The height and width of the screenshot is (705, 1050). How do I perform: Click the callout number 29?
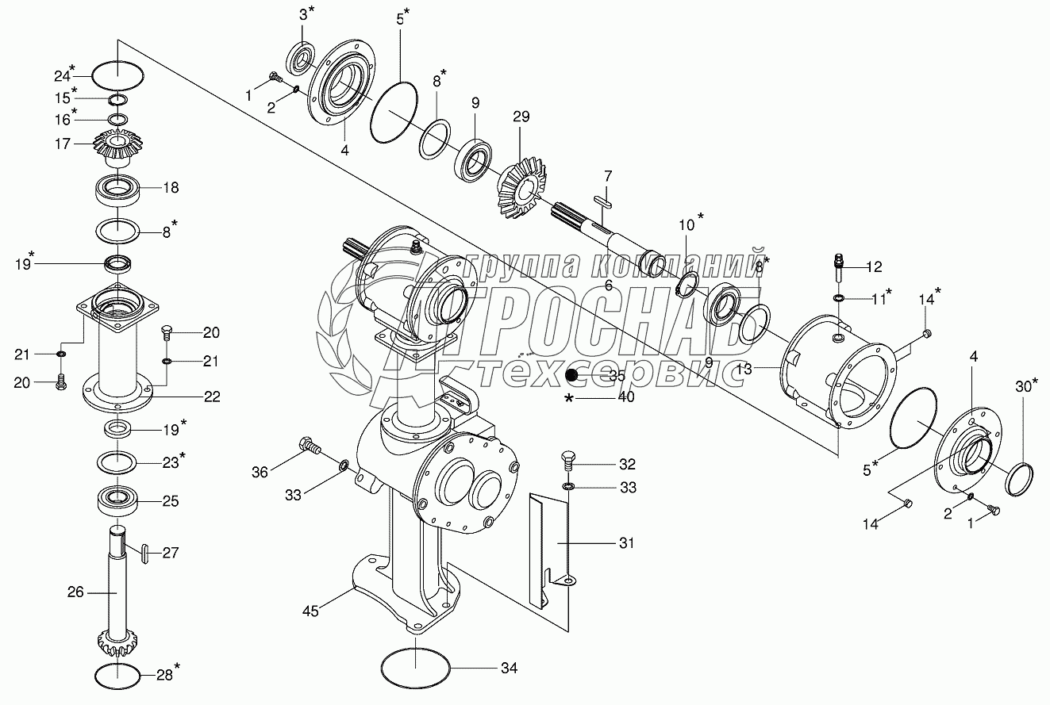click(x=521, y=117)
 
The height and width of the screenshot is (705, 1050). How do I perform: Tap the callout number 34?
click(x=509, y=669)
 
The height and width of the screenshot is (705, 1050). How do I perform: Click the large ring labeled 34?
click(x=415, y=668)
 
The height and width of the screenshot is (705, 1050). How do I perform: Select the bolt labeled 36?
click(x=308, y=446)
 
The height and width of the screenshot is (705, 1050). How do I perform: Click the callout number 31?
click(x=627, y=543)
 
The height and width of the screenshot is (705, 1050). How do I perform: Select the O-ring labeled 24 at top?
click(x=118, y=77)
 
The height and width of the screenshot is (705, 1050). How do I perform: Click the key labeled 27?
click(x=144, y=553)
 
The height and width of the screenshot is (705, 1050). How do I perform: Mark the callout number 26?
click(x=75, y=592)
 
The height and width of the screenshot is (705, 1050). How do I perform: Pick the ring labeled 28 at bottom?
click(x=118, y=676)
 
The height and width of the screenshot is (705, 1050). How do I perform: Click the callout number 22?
click(x=211, y=397)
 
